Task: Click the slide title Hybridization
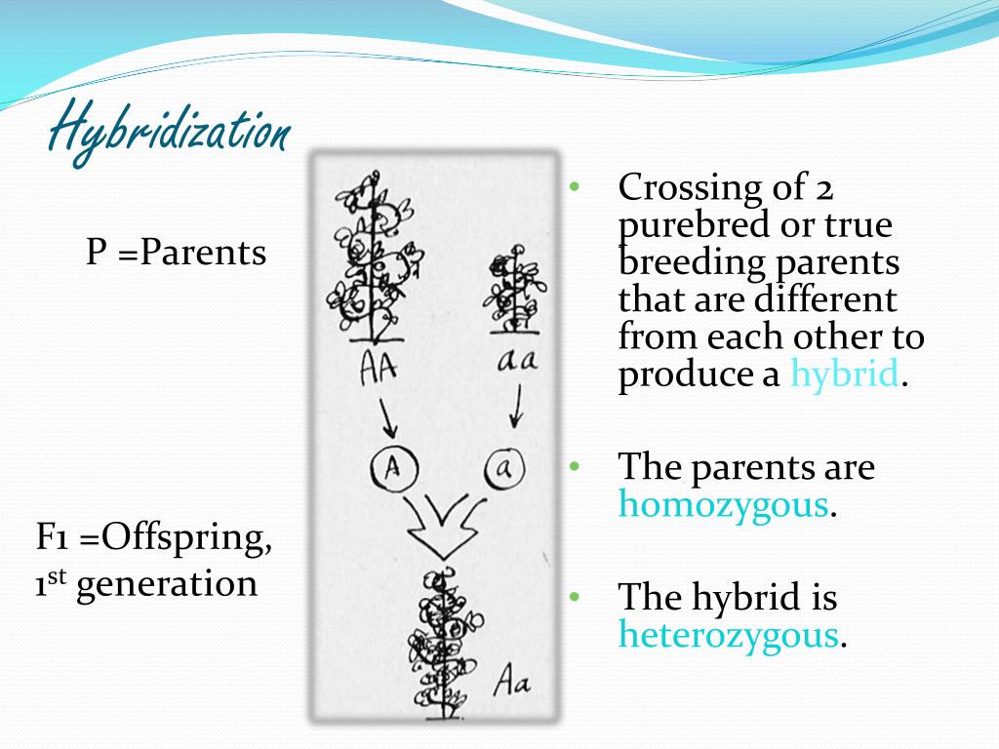click(170, 132)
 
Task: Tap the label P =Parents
click(176, 253)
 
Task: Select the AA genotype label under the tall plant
click(379, 368)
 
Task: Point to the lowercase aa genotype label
click(517, 361)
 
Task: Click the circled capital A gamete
click(394, 469)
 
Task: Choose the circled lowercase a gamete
click(504, 469)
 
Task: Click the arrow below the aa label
click(516, 406)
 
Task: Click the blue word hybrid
click(844, 374)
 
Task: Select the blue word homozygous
click(724, 504)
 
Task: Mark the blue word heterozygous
click(728, 635)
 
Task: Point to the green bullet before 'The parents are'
click(575, 466)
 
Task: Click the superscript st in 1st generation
click(58, 577)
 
